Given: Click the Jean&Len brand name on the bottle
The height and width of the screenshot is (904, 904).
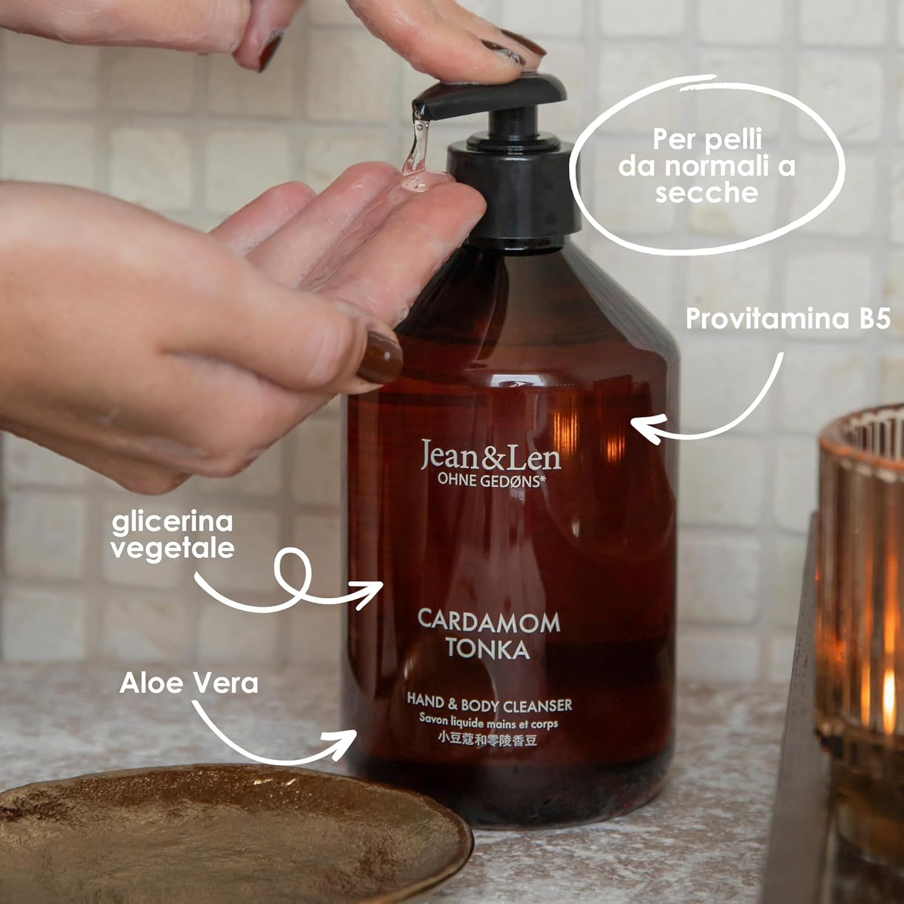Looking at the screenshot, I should [491, 456].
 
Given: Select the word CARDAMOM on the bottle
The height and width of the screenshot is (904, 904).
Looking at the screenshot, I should [488, 622].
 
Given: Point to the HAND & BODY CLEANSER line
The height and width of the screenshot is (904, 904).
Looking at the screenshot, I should [489, 703].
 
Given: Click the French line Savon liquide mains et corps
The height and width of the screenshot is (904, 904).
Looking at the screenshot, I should [489, 723].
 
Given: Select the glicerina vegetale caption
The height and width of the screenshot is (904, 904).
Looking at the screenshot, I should [173, 535].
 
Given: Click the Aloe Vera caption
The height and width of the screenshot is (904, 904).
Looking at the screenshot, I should [189, 683].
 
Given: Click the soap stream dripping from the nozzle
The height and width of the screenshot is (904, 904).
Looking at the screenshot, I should [416, 151].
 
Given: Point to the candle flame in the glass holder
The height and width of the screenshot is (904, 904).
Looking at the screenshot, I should [888, 687].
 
